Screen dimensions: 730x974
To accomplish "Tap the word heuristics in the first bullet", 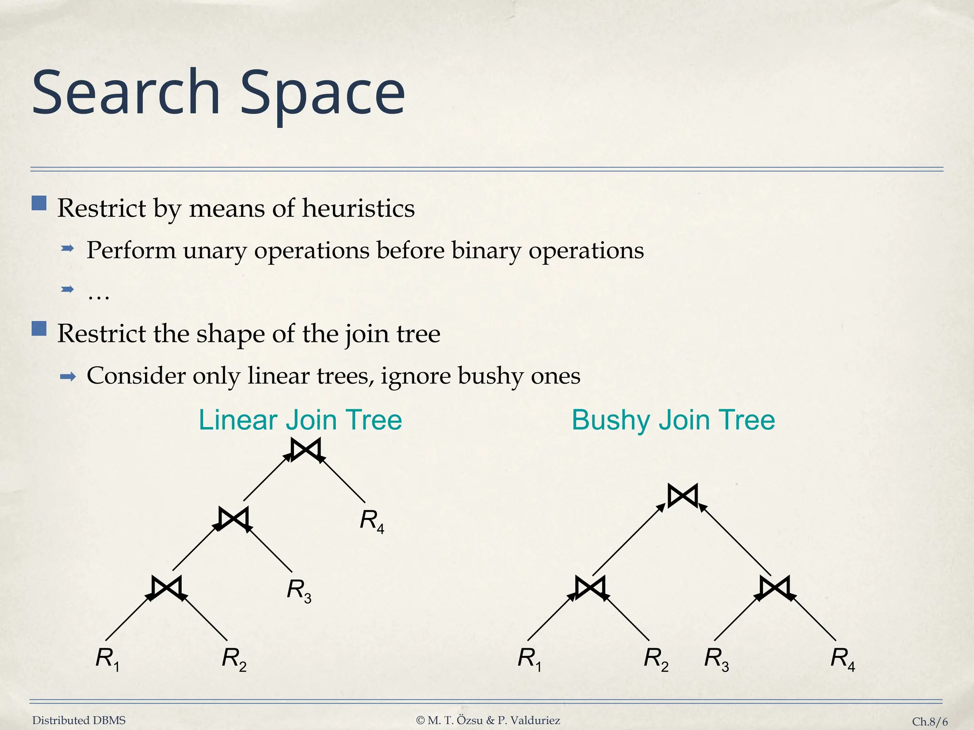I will coord(358,208).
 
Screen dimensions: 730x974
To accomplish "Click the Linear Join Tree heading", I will coord(300,420).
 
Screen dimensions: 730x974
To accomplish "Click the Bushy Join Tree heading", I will coord(673,420).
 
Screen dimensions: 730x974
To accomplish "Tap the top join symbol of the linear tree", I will coord(305,449).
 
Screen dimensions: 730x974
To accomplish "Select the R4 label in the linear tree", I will coord(371,520).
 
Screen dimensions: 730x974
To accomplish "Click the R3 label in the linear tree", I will coord(299,590).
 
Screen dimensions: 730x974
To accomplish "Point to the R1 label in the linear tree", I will coord(107,659).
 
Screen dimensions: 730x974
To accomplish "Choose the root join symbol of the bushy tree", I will coord(682,496).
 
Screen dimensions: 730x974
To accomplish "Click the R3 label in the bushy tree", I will coord(716,659).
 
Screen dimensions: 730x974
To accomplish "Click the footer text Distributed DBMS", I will coord(79,720).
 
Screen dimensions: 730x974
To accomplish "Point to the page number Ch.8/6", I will coord(929,721).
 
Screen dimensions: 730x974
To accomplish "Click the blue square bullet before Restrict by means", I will coord(39,203).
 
